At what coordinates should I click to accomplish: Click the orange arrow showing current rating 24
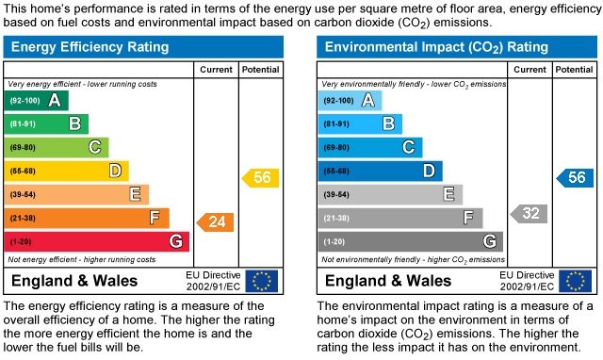(x=215, y=222)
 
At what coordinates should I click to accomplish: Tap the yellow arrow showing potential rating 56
(x=261, y=177)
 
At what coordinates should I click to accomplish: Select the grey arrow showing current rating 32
(x=529, y=214)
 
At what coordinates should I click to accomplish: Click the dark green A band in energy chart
(x=37, y=100)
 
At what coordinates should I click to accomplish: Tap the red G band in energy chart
(x=97, y=241)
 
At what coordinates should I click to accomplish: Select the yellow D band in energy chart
(x=67, y=171)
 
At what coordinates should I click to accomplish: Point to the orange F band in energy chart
(x=88, y=218)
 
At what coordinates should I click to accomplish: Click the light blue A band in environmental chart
(x=350, y=100)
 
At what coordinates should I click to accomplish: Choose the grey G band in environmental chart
(x=411, y=241)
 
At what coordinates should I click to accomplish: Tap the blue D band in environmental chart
(x=381, y=171)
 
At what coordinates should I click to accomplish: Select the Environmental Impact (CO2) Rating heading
(x=436, y=46)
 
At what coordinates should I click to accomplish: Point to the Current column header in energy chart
(x=215, y=70)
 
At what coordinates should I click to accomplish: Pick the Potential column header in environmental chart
(x=574, y=70)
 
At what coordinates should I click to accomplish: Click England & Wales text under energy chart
(x=73, y=281)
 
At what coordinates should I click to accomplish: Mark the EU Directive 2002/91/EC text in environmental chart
(x=527, y=281)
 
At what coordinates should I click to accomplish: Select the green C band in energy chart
(x=57, y=147)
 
